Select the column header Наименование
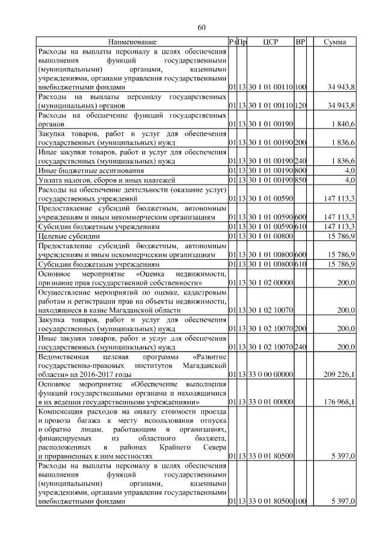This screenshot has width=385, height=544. [x=132, y=42]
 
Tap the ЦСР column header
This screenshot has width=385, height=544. [x=268, y=42]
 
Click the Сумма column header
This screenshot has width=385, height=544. [x=334, y=42]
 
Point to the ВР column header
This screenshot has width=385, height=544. [x=301, y=42]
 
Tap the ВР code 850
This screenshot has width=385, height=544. [x=301, y=179]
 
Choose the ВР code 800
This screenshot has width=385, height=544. [x=301, y=171]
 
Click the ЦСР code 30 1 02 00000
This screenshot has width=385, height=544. [x=268, y=283]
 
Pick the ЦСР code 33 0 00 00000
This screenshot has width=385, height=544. [x=268, y=374]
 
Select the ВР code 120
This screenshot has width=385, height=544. [x=301, y=106]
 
